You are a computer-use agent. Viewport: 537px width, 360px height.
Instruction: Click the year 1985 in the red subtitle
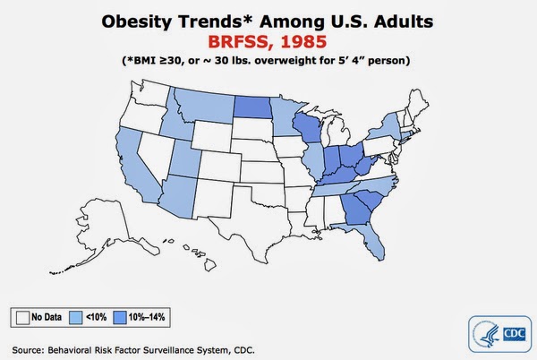(x=303, y=42)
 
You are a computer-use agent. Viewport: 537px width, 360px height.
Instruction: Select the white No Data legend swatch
(x=22, y=317)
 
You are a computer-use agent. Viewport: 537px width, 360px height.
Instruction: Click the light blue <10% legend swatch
(x=76, y=317)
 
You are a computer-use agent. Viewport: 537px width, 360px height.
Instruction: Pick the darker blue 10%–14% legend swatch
(x=120, y=317)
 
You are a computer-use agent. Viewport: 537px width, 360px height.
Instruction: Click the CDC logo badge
(x=499, y=334)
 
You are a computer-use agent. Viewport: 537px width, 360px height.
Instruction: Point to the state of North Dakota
(x=252, y=107)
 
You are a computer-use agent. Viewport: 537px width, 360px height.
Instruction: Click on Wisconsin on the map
(x=307, y=127)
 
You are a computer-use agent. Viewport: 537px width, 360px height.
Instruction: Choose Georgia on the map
(x=356, y=210)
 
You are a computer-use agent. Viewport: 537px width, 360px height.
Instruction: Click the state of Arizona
(x=179, y=196)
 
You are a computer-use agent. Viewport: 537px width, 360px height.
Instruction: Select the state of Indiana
(x=331, y=161)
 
